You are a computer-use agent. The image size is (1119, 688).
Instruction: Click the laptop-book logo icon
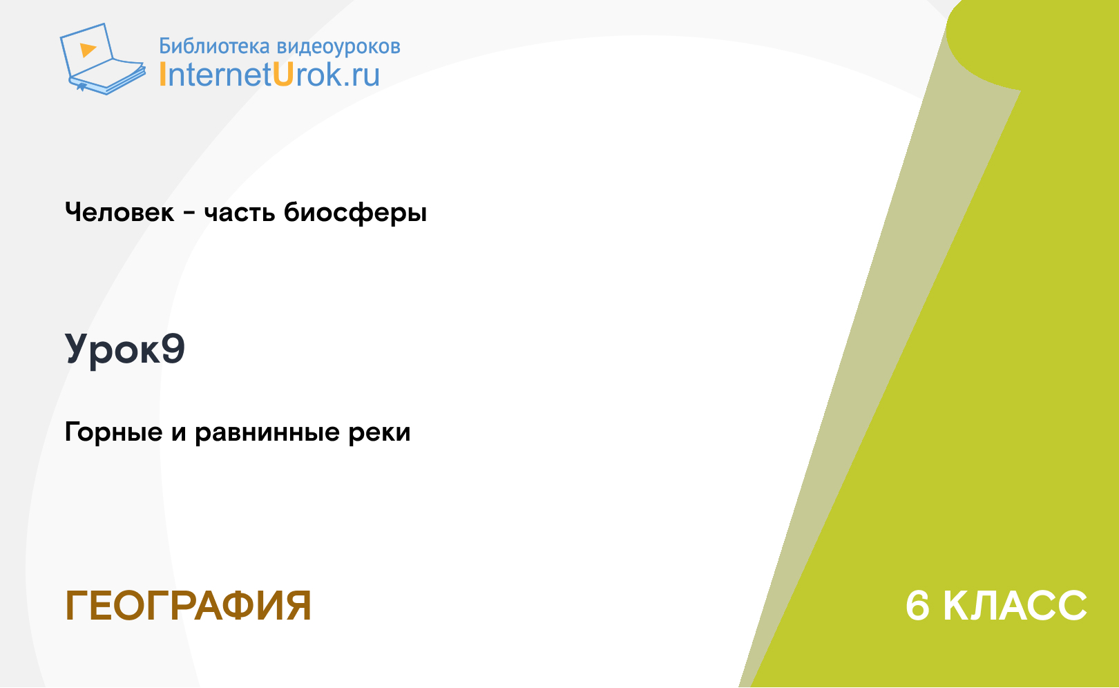point(103,59)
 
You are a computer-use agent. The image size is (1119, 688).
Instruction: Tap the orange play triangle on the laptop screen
point(88,50)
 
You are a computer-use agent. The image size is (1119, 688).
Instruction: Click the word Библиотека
point(214,46)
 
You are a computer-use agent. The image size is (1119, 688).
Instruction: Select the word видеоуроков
point(338,47)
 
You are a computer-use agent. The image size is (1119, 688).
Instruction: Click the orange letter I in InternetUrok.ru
point(162,75)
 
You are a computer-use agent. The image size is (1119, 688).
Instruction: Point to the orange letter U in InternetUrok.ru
point(283,75)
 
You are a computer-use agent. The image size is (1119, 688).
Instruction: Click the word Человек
point(119,212)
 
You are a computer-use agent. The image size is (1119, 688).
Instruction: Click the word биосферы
point(355,213)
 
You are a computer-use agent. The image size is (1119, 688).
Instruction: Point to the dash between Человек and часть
point(189,214)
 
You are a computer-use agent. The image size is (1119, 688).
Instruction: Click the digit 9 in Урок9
point(173,348)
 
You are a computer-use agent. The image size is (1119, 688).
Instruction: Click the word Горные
point(113,432)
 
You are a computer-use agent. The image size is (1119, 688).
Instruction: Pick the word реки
point(379,432)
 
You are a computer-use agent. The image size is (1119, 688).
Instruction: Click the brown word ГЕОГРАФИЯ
point(188,606)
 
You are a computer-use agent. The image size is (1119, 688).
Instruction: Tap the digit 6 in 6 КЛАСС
point(918,606)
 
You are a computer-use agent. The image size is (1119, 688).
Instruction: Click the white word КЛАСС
point(1015,606)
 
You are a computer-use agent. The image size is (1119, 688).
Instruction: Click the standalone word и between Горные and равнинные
point(179,433)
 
